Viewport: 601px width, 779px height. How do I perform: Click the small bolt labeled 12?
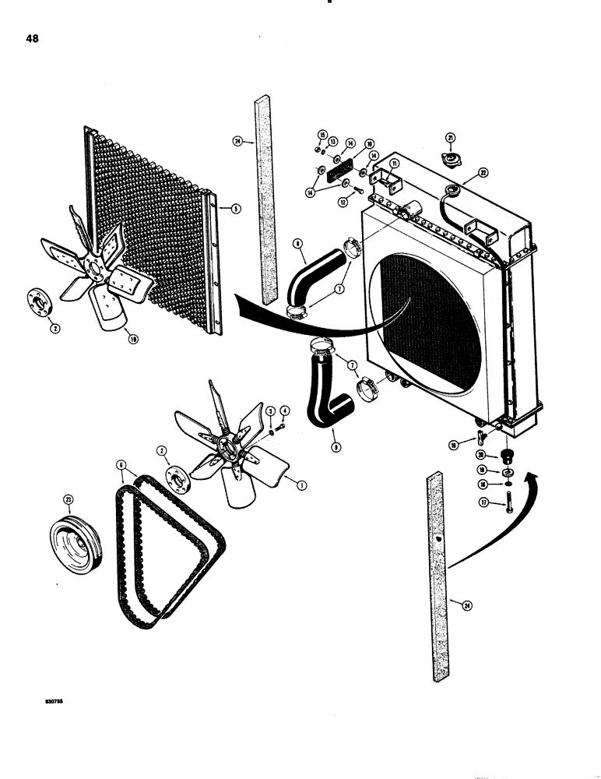coord(357,192)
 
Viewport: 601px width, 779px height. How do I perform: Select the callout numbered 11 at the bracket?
coord(394,164)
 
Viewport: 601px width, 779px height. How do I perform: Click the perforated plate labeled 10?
coord(345,171)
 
